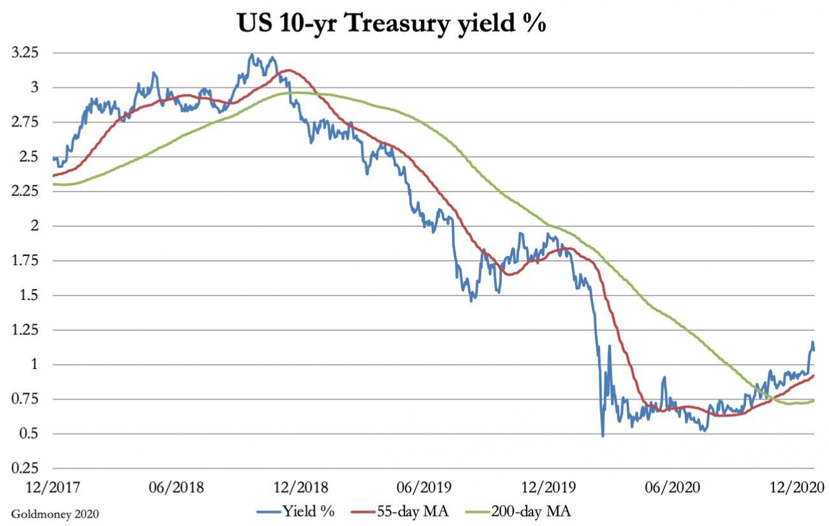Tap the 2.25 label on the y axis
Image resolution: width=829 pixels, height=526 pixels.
[x=26, y=192]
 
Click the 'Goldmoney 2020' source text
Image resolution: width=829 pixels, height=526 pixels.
[x=54, y=513]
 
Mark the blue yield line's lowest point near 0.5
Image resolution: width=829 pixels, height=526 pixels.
[x=603, y=435]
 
